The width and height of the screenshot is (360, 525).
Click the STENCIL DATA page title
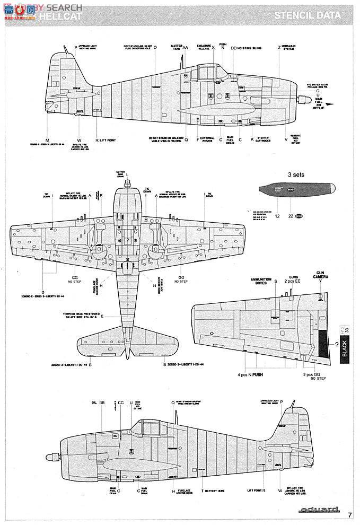pyautogui.click(x=307, y=15)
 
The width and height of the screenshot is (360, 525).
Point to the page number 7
pyautogui.click(x=350, y=514)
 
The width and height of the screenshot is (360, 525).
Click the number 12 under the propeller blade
pyautogui.click(x=277, y=216)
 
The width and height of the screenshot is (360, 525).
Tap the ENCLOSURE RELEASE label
pyautogui.click(x=205, y=48)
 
